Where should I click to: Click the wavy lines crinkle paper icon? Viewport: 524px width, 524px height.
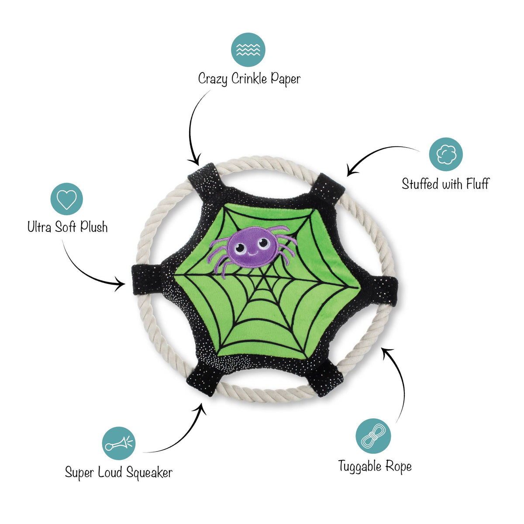[248, 50]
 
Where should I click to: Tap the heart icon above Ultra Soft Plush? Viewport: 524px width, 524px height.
[67, 199]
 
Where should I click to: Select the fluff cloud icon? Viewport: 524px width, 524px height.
[446, 154]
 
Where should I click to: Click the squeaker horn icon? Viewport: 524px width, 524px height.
[119, 443]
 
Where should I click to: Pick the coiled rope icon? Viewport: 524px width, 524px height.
[373, 436]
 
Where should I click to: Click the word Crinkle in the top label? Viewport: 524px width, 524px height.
[249, 79]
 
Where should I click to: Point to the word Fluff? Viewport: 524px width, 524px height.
[478, 184]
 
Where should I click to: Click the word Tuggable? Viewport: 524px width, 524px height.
[356, 467]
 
